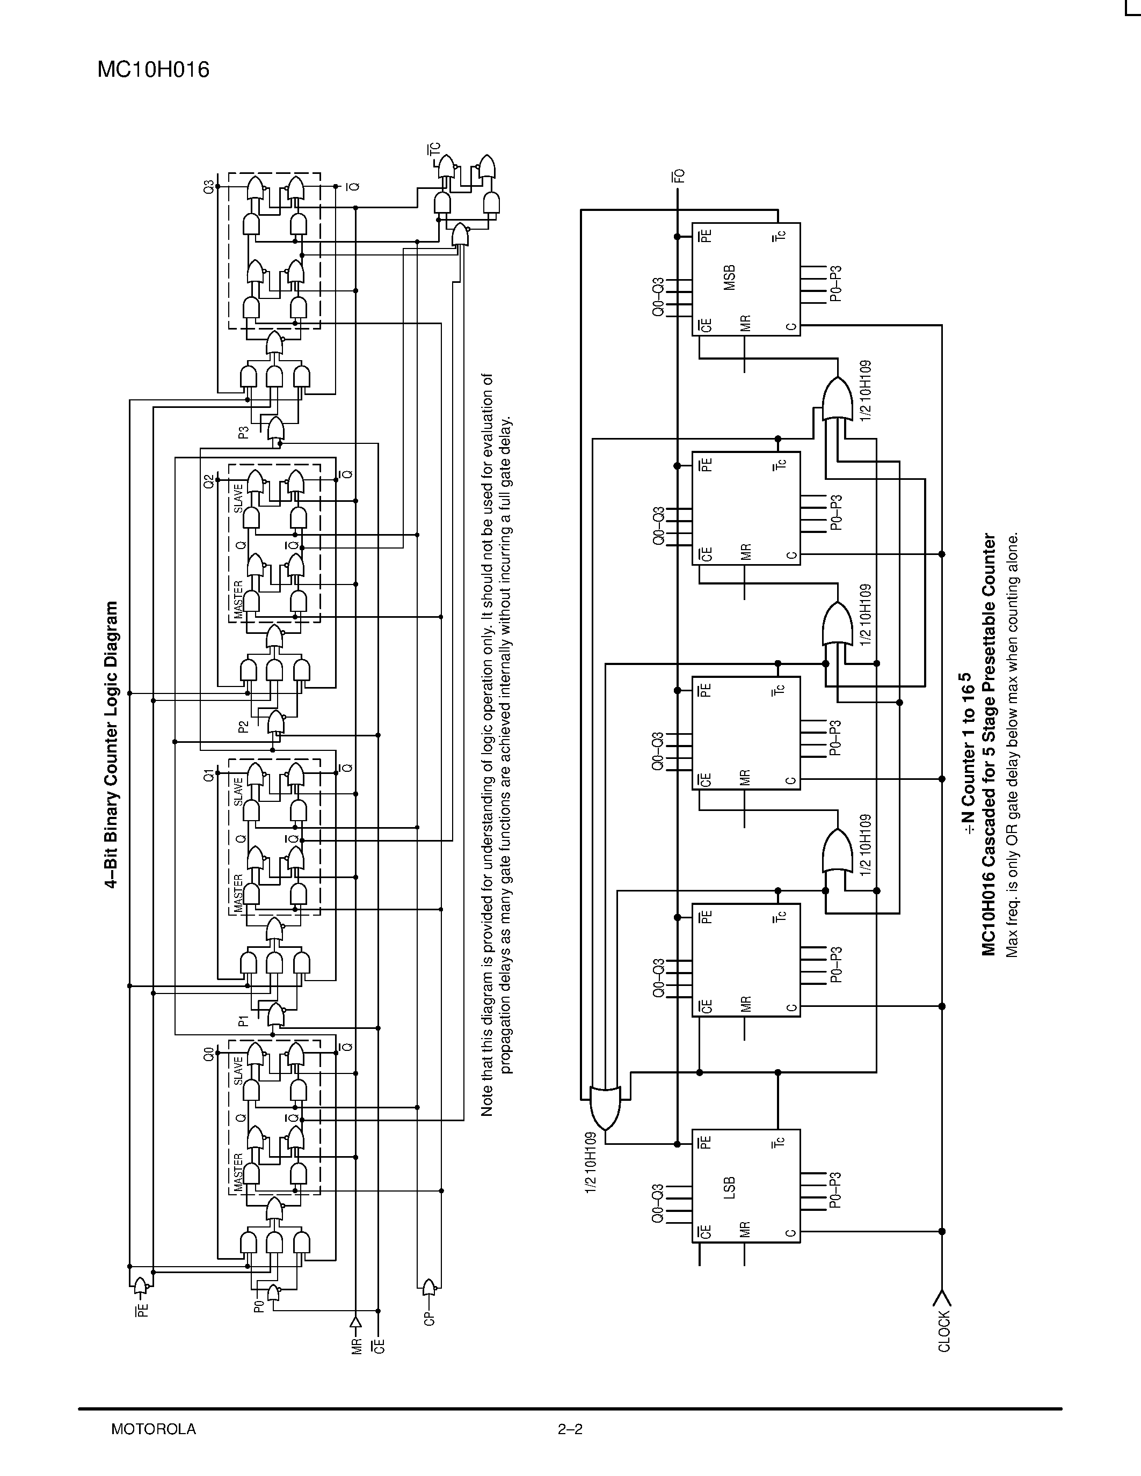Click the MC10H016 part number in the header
tap(154, 70)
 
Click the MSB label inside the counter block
tap(729, 279)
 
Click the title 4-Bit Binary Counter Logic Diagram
tap(112, 743)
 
